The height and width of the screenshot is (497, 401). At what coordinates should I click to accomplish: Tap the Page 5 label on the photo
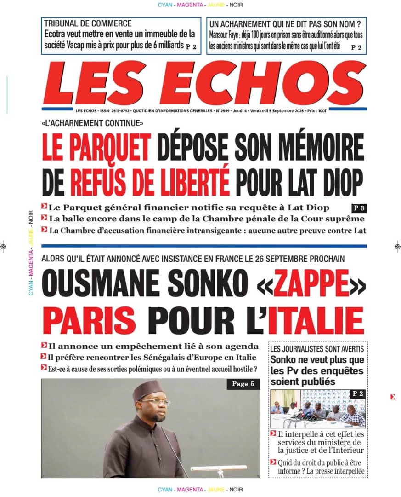243,384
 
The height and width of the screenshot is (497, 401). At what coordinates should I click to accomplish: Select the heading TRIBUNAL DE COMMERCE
88,23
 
